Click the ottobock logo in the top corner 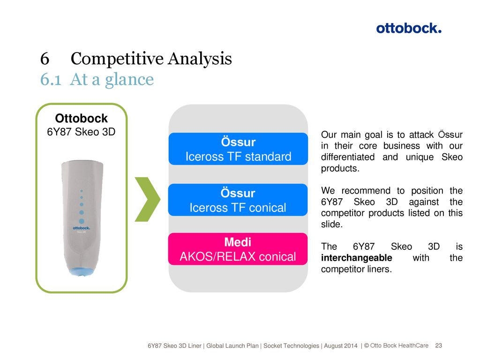(409, 28)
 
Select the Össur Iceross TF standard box (238, 149)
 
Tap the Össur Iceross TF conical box (238, 200)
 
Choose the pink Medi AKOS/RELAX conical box (238, 249)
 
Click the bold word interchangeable (357, 258)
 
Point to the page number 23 (439, 345)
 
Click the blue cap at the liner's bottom (82, 271)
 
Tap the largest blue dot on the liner (82, 221)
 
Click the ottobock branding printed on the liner (82, 228)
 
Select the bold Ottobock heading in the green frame (82, 118)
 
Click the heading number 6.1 (51, 80)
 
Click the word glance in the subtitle (129, 80)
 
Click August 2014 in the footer (341, 346)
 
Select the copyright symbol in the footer (367, 345)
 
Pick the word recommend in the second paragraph (366, 191)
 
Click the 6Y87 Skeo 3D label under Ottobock (81, 132)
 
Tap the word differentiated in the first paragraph (348, 157)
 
